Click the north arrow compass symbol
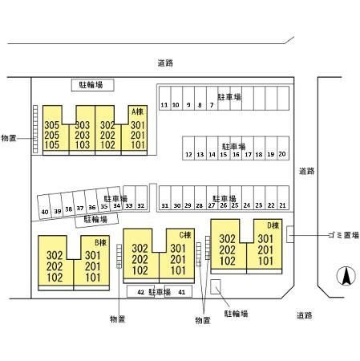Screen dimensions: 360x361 (346, 276)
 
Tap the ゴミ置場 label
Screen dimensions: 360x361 (343, 235)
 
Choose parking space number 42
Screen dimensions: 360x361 (141, 292)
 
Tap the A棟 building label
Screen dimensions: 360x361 (137, 112)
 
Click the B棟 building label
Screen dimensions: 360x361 (100, 242)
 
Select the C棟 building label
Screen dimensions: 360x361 (185, 235)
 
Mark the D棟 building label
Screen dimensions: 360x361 (273, 225)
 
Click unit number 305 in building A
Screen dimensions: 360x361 (52, 125)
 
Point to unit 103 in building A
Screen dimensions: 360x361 (83, 145)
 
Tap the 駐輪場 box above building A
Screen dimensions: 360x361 (93, 85)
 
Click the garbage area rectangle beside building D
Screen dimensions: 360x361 (290, 234)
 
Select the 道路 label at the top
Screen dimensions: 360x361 (165, 63)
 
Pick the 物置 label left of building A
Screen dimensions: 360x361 (9, 138)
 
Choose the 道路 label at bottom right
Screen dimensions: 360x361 (305, 315)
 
